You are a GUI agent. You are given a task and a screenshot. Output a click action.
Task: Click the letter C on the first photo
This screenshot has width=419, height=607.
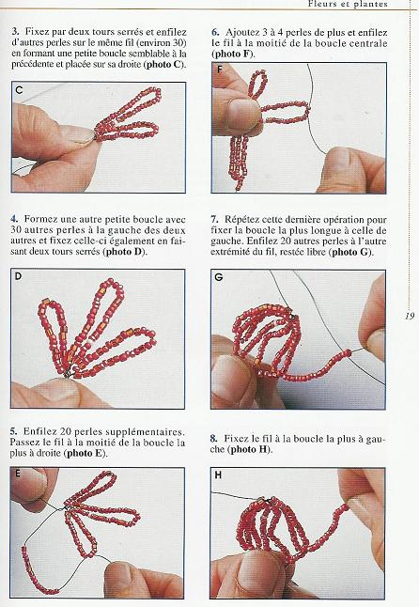[x=20, y=90]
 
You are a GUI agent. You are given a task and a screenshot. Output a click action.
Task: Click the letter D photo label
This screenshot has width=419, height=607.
[x=20, y=277]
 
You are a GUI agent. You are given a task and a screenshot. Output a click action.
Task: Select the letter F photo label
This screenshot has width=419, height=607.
[x=219, y=70]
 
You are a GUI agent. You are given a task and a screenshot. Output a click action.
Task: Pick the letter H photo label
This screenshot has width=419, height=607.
[x=219, y=475]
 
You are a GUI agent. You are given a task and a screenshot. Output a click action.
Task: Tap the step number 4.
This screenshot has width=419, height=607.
[x=14, y=219]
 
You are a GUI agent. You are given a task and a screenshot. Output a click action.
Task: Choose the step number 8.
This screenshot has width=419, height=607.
[x=214, y=439]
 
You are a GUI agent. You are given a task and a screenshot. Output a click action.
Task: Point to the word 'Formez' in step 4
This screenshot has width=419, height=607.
[x=43, y=219]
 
